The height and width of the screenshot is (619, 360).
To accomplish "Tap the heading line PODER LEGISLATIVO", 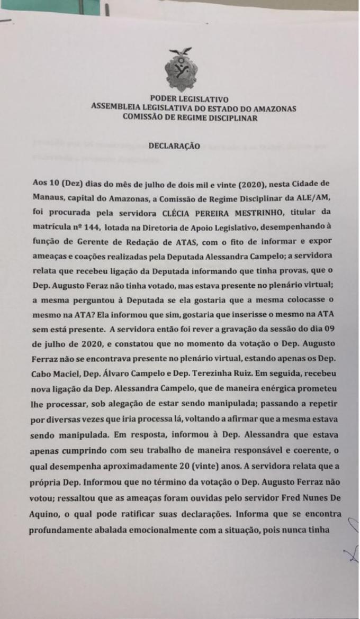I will [x=189, y=98].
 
